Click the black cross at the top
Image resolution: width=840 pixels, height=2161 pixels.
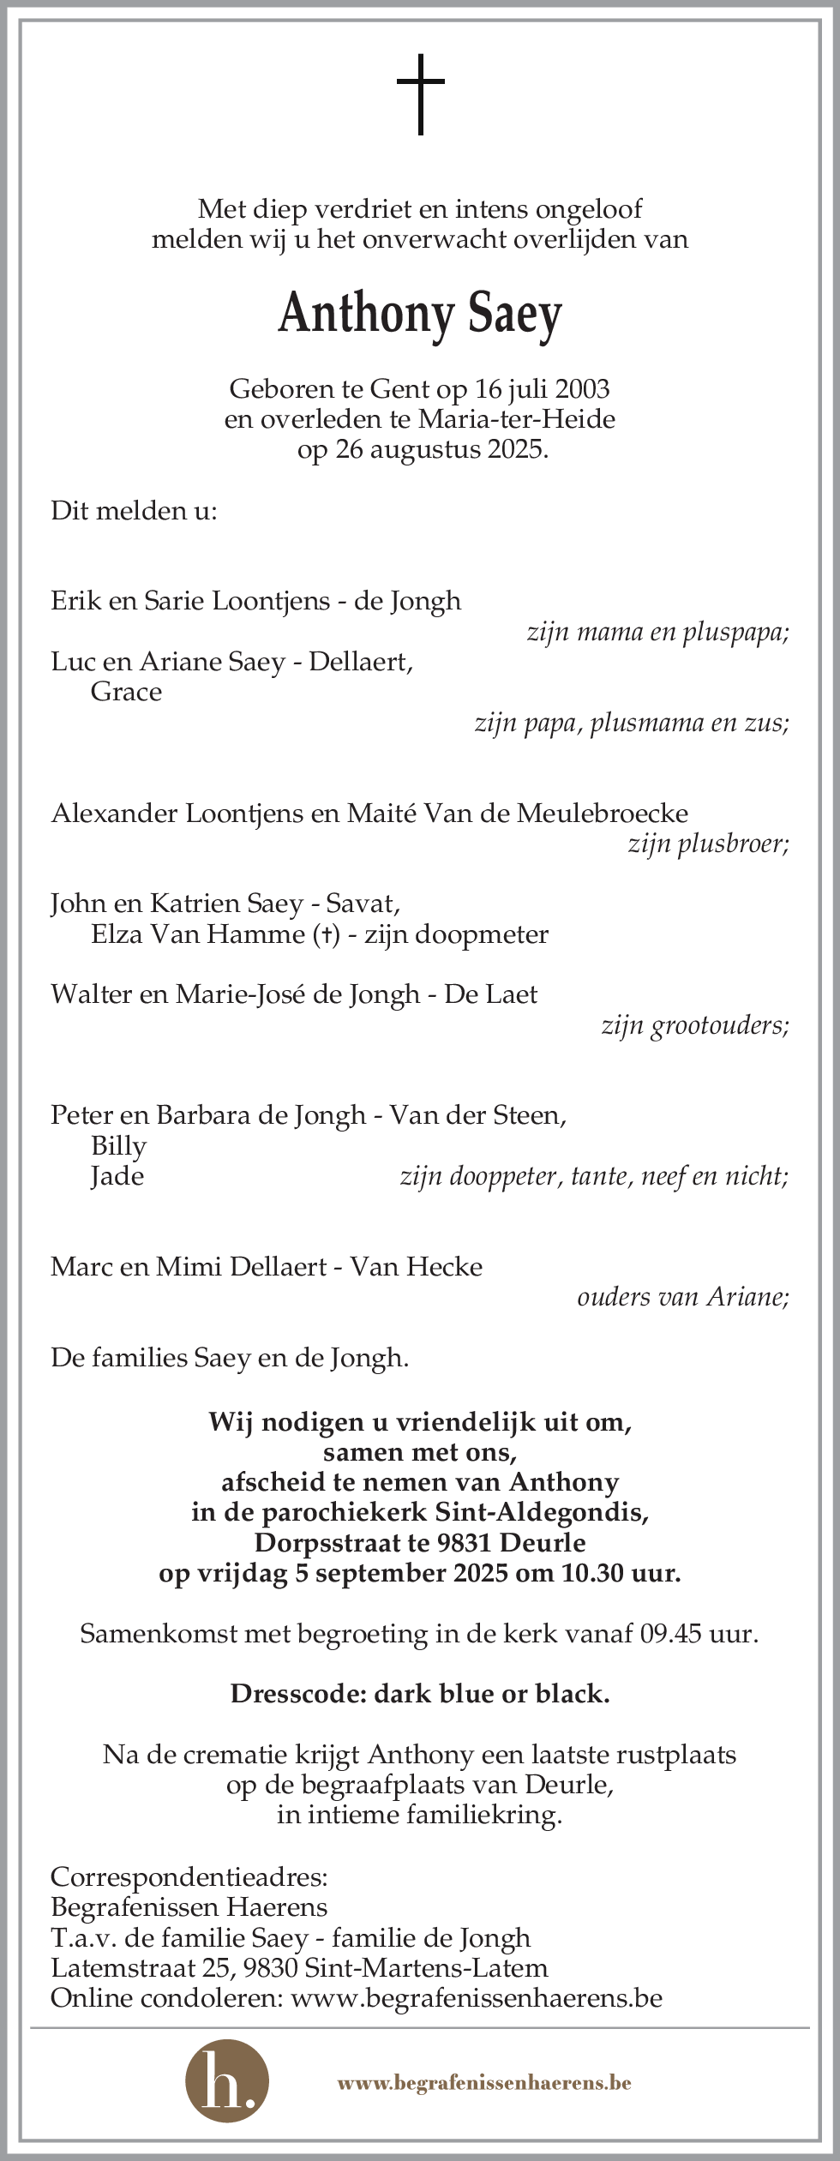[420, 94]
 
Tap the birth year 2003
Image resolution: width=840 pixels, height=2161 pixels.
[582, 389]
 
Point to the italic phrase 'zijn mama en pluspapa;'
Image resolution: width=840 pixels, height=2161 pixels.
[657, 632]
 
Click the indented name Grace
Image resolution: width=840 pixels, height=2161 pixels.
[126, 692]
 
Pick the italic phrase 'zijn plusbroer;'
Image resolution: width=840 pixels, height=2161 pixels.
[708, 844]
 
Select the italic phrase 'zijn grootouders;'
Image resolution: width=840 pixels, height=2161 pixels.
[695, 1025]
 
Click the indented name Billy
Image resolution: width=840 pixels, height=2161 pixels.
[118, 1146]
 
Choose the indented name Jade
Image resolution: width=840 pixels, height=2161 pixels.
[117, 1176]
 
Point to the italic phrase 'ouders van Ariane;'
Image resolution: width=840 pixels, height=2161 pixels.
[682, 1297]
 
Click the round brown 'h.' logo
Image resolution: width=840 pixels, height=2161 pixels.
[227, 2082]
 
